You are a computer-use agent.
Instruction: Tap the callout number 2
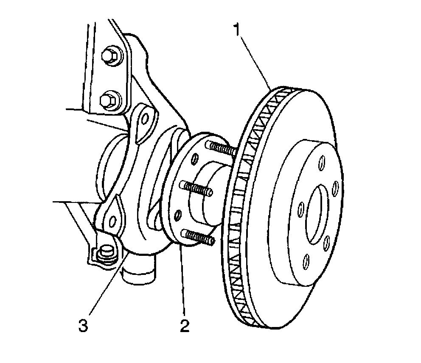pos(184,325)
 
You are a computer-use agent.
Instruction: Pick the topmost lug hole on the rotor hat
pos(322,161)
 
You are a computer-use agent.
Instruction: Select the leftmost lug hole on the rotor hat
pos(300,209)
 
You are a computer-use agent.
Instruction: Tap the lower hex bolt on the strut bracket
pos(106,100)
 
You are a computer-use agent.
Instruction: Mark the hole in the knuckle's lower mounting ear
pos(112,220)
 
